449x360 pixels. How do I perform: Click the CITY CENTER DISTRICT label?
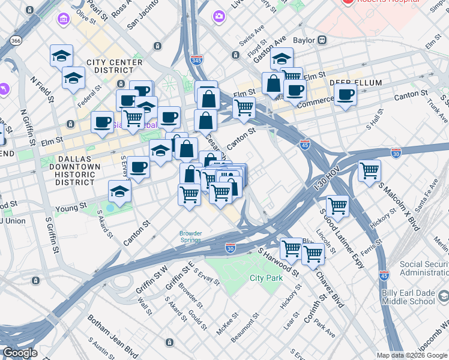(115, 67)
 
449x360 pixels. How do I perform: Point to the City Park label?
(266, 278)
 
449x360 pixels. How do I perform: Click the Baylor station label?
(305, 41)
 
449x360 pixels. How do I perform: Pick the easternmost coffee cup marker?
(345, 95)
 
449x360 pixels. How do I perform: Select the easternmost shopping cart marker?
(369, 170)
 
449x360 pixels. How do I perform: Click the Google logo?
(20, 353)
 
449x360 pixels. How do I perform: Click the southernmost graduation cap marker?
(119, 192)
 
